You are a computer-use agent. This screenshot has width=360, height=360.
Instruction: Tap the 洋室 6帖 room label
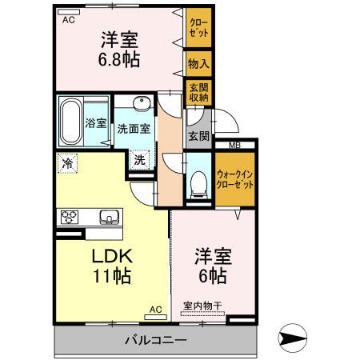point(213,265)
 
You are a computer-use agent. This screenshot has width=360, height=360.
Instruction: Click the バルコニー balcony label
point(155,341)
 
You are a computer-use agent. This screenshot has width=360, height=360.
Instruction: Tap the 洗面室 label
point(134,128)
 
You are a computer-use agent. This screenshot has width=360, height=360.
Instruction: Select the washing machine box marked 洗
point(139,158)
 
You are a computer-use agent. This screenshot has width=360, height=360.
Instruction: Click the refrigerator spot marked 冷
point(67,163)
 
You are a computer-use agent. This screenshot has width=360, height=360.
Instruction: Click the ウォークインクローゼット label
point(235,177)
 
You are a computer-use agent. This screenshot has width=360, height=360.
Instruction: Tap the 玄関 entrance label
point(198,136)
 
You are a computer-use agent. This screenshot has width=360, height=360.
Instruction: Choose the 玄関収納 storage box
point(198,92)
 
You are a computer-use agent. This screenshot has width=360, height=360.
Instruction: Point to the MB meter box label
point(234,145)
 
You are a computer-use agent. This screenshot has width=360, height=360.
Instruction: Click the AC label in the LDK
point(155,309)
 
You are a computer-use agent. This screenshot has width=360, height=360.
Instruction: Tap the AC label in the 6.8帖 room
point(68,20)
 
